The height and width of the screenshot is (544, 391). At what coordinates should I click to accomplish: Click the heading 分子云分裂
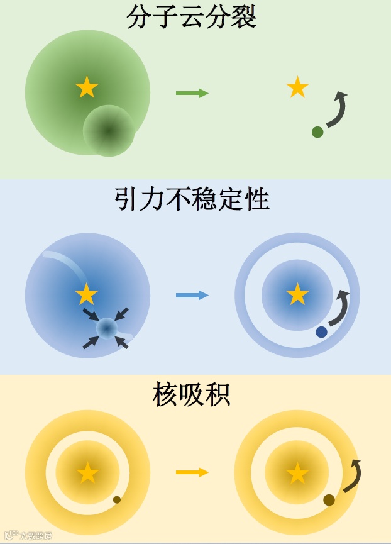coord(191,17)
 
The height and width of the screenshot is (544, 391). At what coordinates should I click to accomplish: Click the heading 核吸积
coord(192,395)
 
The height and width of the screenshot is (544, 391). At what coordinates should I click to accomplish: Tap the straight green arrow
coord(192,94)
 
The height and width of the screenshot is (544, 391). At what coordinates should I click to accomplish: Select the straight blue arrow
coord(192,295)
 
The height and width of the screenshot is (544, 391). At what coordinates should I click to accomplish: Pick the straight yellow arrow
coord(192,472)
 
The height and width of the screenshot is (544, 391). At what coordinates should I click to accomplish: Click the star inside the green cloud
coord(87,87)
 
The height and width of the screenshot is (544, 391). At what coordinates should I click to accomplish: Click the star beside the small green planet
coord(297,87)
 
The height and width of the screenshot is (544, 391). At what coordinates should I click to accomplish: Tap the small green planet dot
coord(317,132)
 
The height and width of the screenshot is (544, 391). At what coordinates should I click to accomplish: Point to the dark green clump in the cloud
coord(109,131)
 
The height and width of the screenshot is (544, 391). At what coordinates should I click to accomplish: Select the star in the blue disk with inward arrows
coord(87,294)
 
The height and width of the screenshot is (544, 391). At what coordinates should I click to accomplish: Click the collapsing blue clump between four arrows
coord(106,328)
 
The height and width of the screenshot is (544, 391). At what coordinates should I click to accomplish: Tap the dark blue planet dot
coord(321,332)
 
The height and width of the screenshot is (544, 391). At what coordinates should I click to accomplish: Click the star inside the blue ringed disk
coord(297,294)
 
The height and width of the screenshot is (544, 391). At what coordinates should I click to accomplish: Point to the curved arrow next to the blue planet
coord(340,308)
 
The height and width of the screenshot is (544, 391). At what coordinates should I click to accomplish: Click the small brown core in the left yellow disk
coord(116,500)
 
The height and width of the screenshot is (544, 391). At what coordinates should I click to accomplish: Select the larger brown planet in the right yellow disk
coord(329,500)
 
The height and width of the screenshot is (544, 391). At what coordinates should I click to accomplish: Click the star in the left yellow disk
coord(87,473)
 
